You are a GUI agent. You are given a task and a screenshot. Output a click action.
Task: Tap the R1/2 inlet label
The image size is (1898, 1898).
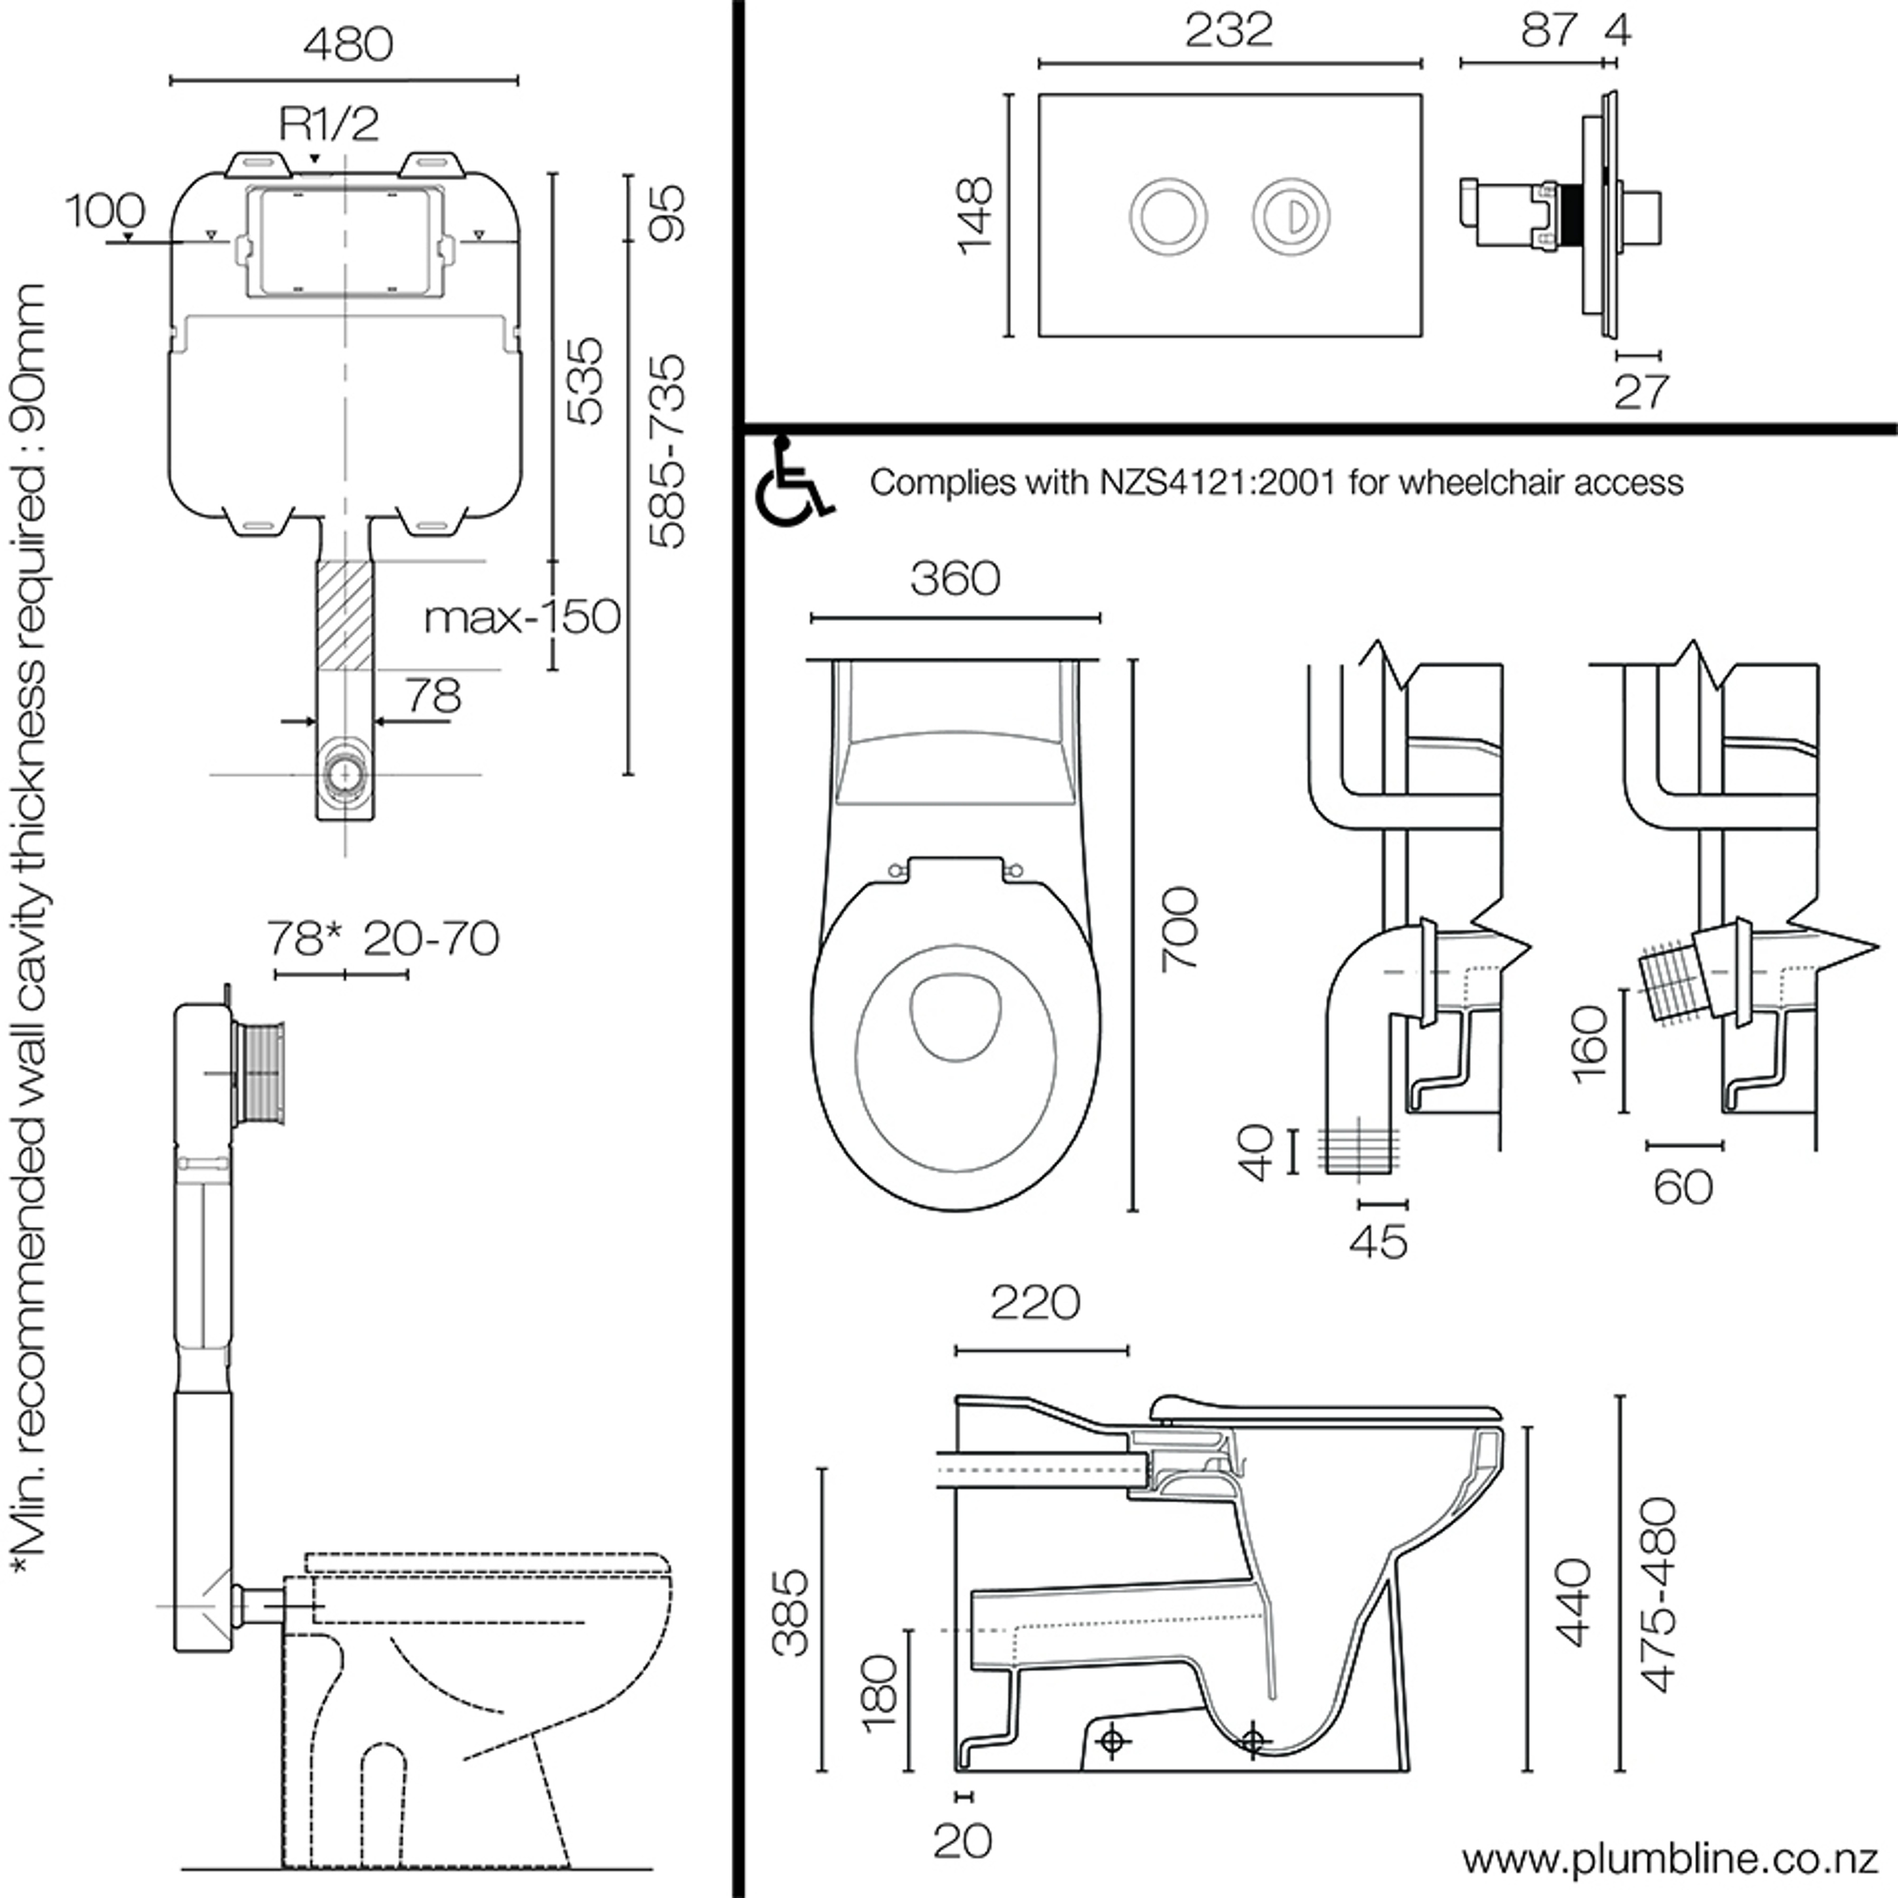(x=329, y=124)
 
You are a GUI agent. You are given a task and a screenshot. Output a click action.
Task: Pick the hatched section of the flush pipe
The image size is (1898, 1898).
(x=345, y=615)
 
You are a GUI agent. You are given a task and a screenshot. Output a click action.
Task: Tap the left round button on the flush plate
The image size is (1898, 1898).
(x=1168, y=216)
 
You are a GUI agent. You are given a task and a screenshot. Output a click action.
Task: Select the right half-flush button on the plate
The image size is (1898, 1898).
(x=1291, y=216)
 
